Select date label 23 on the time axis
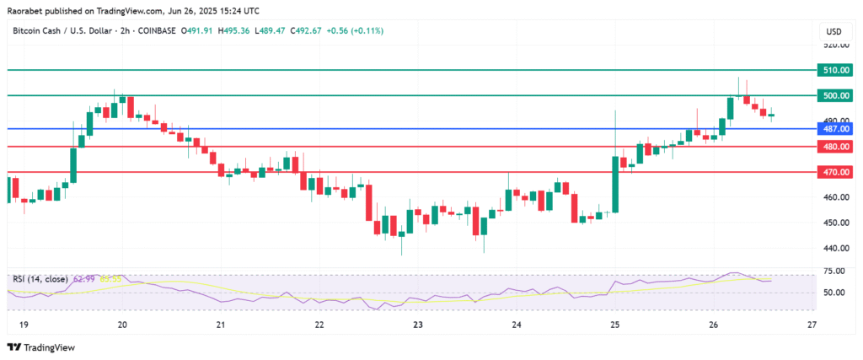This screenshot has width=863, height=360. click(418, 324)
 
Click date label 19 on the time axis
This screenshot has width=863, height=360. click(24, 324)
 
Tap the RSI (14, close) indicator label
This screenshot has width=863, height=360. click(40, 277)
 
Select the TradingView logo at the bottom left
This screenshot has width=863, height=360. click(41, 347)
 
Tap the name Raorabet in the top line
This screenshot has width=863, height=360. click(27, 9)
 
